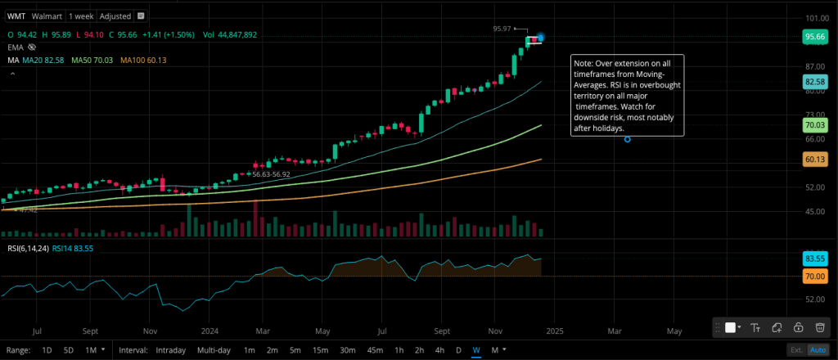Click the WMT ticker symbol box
click(x=16, y=16)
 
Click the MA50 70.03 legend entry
click(x=92, y=60)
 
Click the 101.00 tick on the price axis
click(x=813, y=18)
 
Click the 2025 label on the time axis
click(x=553, y=331)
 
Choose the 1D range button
click(x=47, y=350)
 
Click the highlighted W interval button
click(x=475, y=350)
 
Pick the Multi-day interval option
click(x=214, y=350)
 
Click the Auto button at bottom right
click(x=817, y=350)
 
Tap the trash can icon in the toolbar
click(x=819, y=327)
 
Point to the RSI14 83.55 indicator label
click(x=72, y=250)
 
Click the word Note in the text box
click(x=583, y=63)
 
